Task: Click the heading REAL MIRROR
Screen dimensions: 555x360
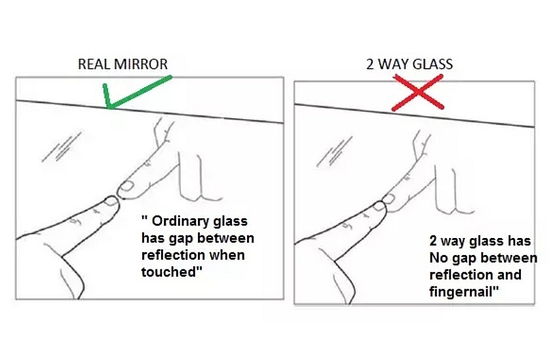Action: [123, 64]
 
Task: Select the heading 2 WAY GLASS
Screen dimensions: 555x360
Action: [410, 64]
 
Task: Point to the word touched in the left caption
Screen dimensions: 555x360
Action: [168, 271]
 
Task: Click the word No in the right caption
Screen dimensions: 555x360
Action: [438, 258]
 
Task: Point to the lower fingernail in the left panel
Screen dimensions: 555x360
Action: [111, 201]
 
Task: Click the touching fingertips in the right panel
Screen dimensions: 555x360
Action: [384, 203]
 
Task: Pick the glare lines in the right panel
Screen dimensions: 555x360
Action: [334, 151]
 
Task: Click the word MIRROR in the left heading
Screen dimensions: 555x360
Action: [141, 64]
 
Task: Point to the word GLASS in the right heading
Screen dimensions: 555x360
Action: [433, 64]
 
